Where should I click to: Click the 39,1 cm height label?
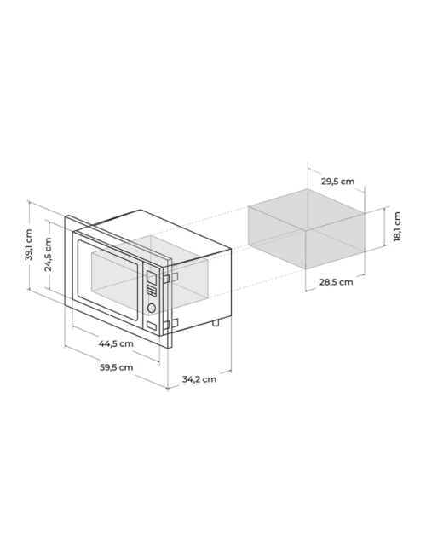pos(29,245)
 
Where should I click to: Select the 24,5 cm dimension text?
pos(48,254)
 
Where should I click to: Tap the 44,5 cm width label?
pos(116,343)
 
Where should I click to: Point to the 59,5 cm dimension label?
pos(116,367)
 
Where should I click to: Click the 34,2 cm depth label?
pos(199,379)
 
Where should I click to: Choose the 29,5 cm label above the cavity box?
pos(337,182)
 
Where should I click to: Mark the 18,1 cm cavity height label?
pos(397,227)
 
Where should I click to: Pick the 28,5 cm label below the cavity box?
pos(337,282)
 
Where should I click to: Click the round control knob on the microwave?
pos(152,308)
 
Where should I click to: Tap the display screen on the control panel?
pos(152,278)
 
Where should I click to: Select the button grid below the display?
pos(152,291)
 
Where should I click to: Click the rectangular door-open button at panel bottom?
pos(151,326)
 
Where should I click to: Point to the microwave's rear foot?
pos(215,322)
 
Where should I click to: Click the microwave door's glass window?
pos(107,280)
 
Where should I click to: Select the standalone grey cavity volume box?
pos(306,229)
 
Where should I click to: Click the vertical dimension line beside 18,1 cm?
pos(384,228)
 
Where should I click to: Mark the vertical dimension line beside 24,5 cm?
pos(49,256)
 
